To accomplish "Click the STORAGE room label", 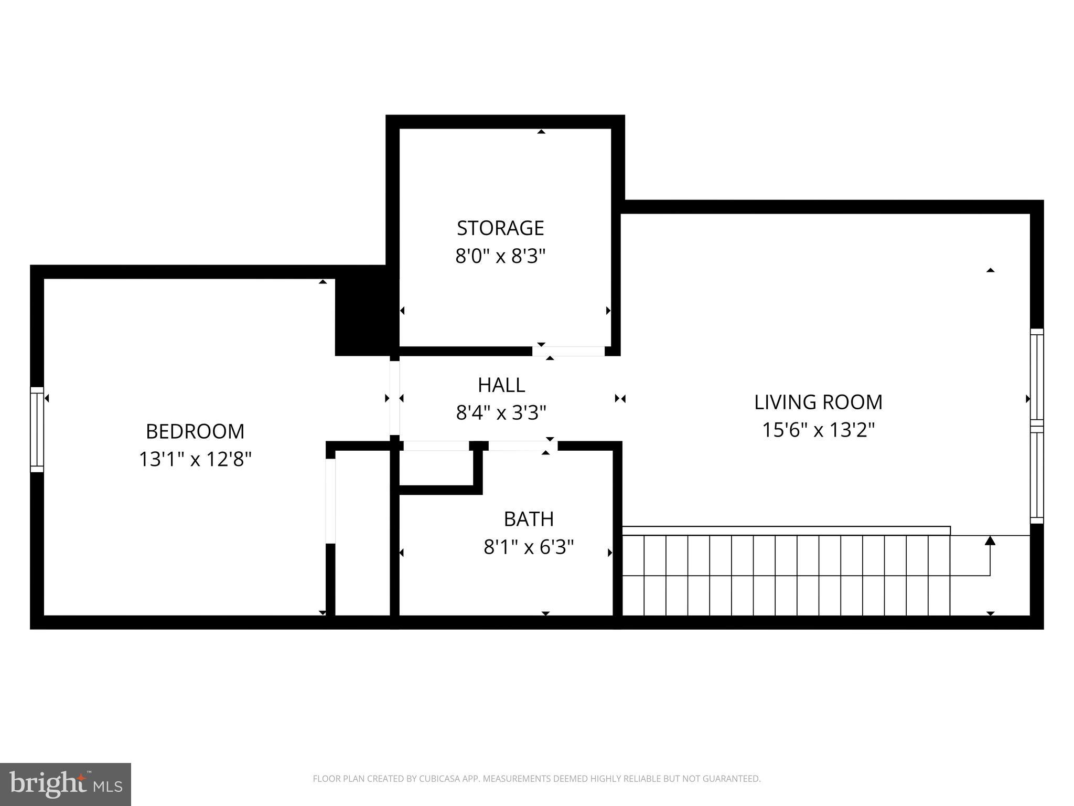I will [500, 228].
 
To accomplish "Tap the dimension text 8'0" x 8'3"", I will [500, 257].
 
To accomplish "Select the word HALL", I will [501, 385].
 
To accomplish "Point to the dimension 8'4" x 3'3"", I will [501, 413].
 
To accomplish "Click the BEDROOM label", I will [195, 431].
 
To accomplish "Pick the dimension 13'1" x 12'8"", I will [195, 460].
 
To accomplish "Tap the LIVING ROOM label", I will [818, 402].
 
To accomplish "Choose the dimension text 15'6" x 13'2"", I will [818, 430].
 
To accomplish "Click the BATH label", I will [529, 519].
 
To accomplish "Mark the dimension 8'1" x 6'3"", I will [529, 547].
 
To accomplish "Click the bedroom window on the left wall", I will [37, 429].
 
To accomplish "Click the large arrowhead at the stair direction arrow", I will [990, 540].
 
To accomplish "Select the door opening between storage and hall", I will [568, 351].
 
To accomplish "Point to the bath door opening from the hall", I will [522, 446].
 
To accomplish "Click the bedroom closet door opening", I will [330, 501].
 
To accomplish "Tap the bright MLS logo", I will [65, 784].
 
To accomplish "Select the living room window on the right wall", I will [1037, 426].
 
